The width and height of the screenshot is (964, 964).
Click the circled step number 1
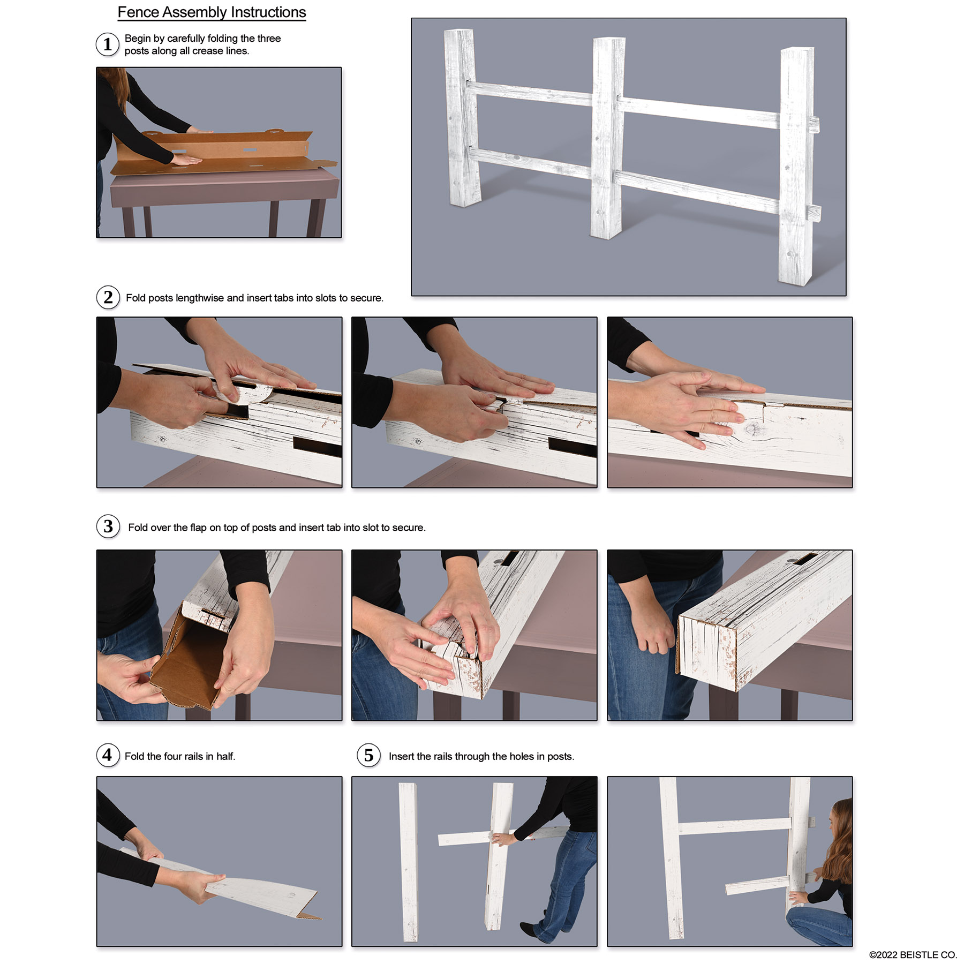(x=108, y=44)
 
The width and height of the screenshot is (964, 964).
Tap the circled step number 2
(x=108, y=297)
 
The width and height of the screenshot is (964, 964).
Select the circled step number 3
(x=108, y=526)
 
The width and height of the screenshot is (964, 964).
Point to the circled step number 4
(x=108, y=755)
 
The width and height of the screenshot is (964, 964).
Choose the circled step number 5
(x=369, y=755)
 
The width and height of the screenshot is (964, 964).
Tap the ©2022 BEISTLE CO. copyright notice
(x=913, y=955)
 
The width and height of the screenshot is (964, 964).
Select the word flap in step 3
(x=198, y=528)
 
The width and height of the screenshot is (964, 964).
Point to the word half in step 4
(x=225, y=756)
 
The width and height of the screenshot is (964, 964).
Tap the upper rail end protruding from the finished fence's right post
(x=814, y=125)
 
